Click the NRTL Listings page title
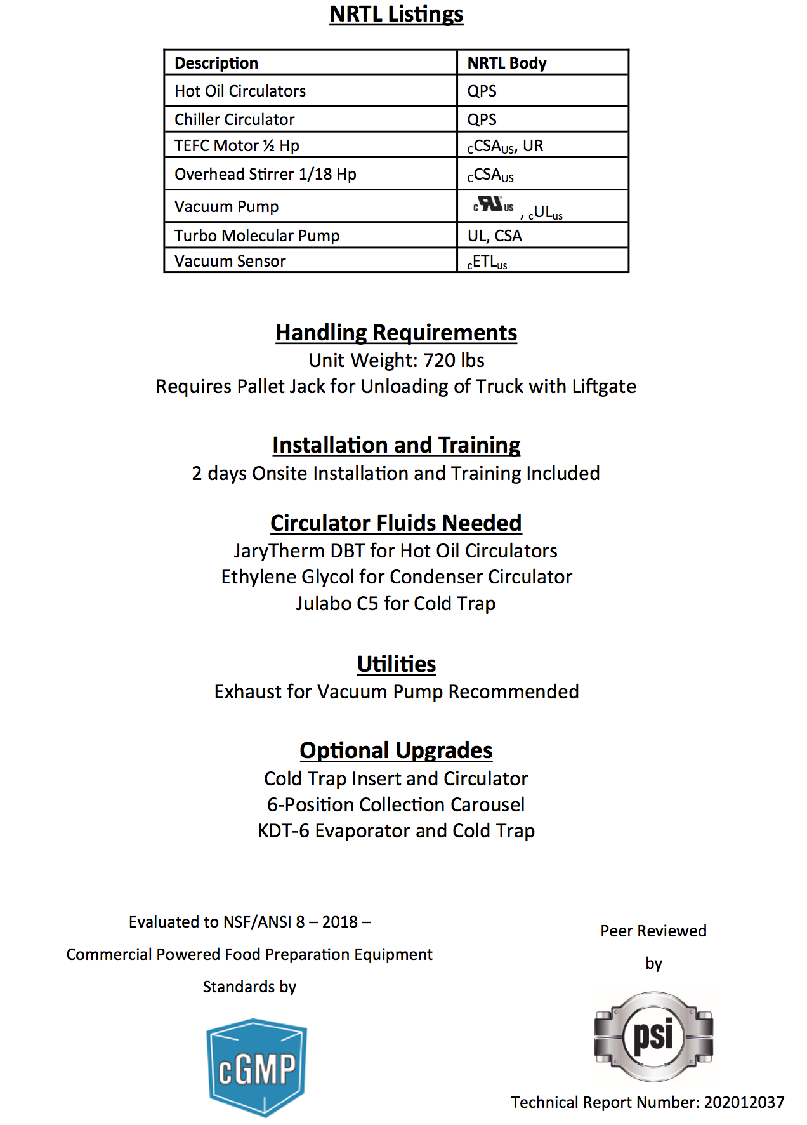397,14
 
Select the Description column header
216,63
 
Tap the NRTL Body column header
506,63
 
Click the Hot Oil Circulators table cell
240,91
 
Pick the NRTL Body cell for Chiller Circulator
482,119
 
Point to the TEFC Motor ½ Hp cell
237,145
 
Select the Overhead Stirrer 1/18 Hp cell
265,174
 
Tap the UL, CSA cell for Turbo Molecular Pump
494,236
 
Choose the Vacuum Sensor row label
230,261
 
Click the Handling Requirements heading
397,333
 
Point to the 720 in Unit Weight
440,361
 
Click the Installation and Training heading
397,445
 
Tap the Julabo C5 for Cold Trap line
395,603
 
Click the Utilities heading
397,664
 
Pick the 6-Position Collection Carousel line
396,804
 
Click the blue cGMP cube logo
257,1067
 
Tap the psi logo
653,1036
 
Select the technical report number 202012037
744,1102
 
